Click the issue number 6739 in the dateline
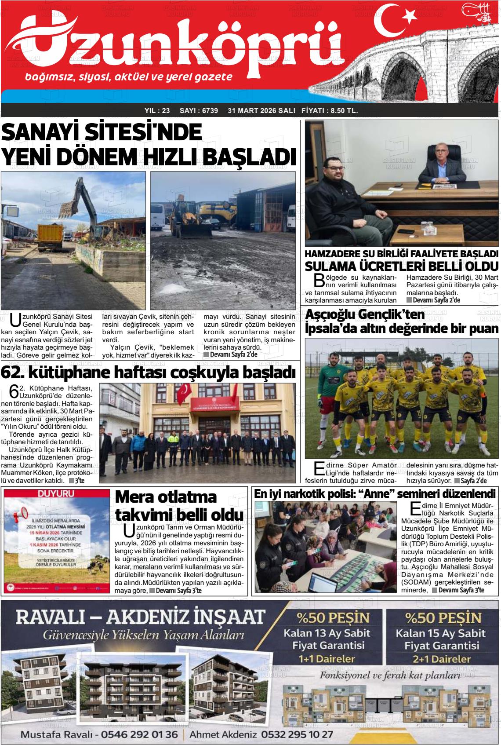click(210, 111)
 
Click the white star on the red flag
click(409, 16)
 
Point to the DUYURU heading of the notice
click(56, 494)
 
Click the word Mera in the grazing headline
click(133, 497)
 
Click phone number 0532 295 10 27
click(297, 734)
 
